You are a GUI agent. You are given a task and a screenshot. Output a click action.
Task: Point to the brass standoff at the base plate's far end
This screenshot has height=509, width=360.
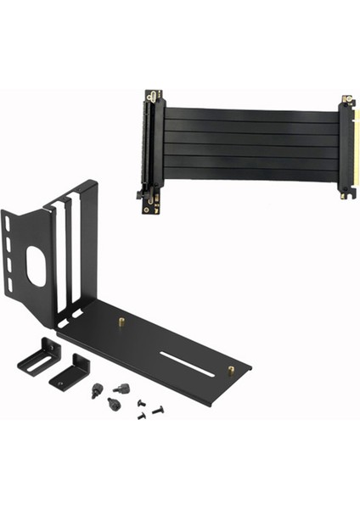(x=231, y=370)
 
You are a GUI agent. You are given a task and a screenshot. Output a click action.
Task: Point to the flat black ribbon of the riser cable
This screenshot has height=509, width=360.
(x=250, y=144)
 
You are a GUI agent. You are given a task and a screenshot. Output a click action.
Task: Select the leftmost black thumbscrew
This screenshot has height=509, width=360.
(x=96, y=391)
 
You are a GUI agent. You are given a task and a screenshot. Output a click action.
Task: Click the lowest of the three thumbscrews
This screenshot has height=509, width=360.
(x=114, y=403)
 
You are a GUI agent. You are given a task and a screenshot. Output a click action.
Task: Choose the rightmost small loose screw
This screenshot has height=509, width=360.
(x=158, y=410)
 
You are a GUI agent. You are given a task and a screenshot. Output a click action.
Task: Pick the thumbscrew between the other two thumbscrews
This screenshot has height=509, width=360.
(x=122, y=389)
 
